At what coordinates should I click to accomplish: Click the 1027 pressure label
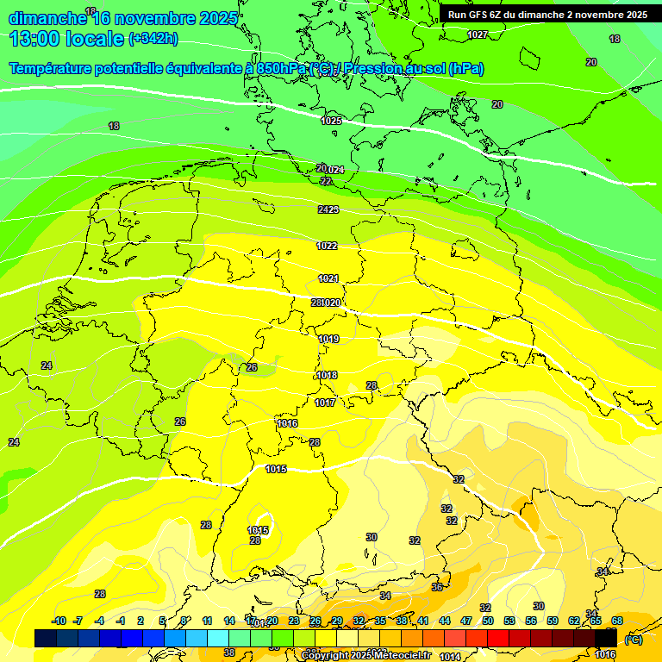tap(477, 34)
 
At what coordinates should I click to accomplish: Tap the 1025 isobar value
tap(331, 121)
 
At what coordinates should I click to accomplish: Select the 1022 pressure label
tap(327, 246)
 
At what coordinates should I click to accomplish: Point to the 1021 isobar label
tap(328, 278)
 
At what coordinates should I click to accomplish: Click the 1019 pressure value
tap(328, 339)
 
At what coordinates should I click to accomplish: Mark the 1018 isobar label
tap(327, 375)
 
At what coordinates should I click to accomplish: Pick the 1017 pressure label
tap(325, 403)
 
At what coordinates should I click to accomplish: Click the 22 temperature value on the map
tap(325, 181)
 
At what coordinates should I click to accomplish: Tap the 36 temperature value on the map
tap(437, 587)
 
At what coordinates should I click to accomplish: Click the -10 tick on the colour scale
tap(59, 621)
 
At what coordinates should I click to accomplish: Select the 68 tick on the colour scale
tap(617, 621)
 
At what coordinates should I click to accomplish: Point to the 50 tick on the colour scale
tap(488, 621)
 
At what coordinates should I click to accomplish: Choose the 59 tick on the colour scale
tap(553, 621)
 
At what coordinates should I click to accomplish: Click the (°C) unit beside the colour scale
tap(633, 639)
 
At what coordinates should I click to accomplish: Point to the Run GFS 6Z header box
tap(548, 15)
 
